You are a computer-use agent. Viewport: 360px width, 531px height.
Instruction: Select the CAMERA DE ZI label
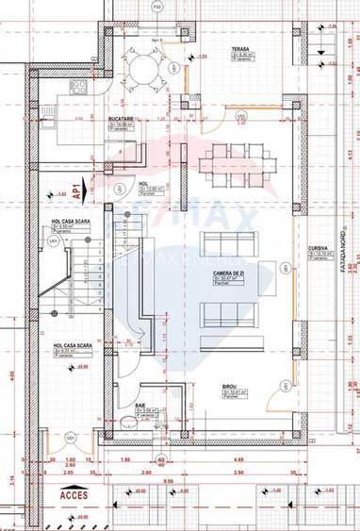coord(228,272)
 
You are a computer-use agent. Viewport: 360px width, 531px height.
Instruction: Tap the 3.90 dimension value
coord(238,472)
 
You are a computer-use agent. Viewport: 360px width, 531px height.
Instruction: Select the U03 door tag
coord(240,118)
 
